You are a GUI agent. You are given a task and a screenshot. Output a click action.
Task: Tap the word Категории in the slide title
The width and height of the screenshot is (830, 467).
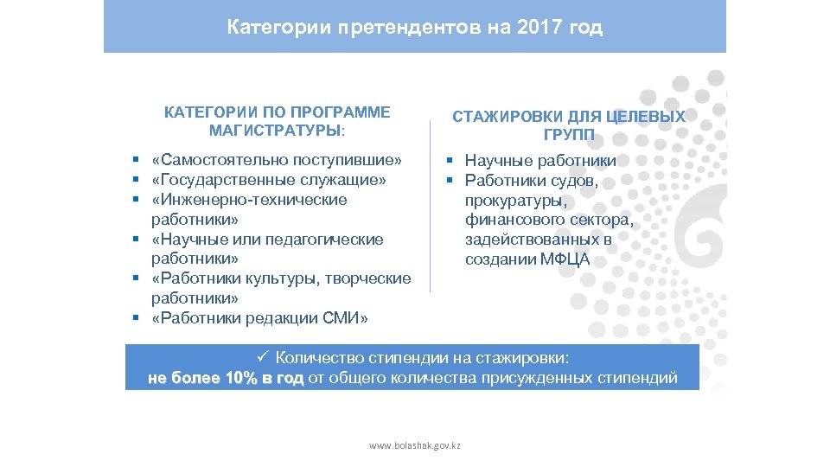(x=268, y=28)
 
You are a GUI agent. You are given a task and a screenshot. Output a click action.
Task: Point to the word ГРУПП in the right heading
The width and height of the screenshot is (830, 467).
(x=569, y=135)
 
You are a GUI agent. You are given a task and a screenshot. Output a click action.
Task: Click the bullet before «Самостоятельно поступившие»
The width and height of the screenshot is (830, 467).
(x=137, y=161)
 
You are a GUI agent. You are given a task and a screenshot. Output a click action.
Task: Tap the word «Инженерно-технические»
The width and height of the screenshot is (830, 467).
(x=249, y=200)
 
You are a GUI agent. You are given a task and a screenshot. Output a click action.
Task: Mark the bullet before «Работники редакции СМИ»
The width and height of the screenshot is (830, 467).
(x=137, y=318)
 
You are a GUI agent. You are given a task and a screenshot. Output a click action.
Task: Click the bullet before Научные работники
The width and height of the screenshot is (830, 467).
(x=450, y=161)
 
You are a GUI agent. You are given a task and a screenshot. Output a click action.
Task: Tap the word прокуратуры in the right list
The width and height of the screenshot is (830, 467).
(x=515, y=201)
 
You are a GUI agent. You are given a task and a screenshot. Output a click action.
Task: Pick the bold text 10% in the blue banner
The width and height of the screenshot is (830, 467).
(x=242, y=379)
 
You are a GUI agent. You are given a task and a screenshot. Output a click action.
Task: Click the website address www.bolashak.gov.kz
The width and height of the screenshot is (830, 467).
(x=415, y=445)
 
